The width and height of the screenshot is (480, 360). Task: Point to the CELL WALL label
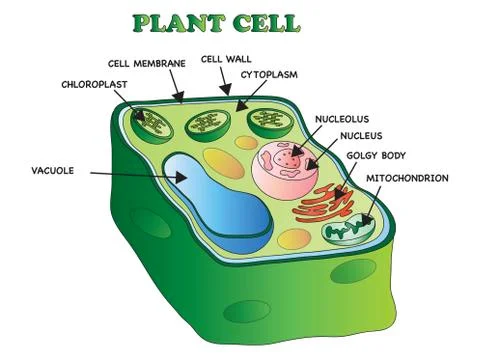coord(226,59)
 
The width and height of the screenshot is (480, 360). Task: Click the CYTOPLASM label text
coord(271,74)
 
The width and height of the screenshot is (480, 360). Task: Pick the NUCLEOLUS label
coord(345,118)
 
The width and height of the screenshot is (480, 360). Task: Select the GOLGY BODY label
coord(375,157)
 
